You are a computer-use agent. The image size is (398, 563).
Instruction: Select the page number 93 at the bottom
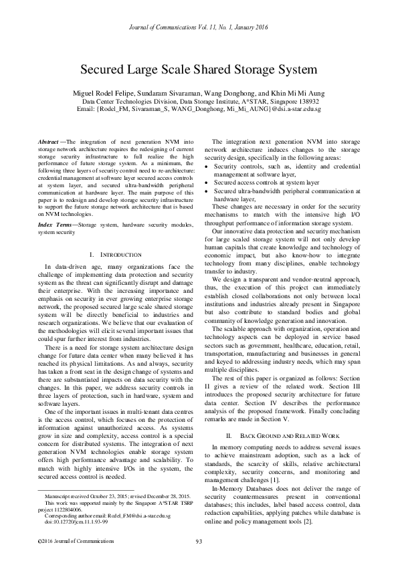pyautogui.click(x=199, y=541)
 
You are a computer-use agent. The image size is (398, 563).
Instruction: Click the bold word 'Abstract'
pyautogui.click(x=48, y=142)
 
